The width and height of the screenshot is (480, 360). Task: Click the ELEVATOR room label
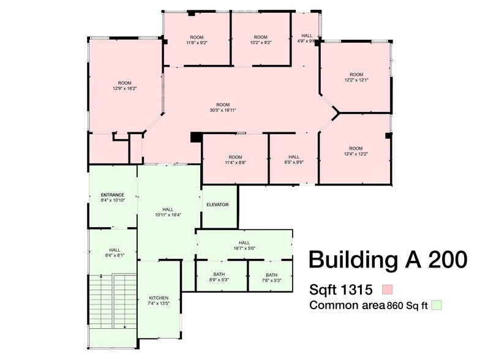pyautogui.click(x=217, y=204)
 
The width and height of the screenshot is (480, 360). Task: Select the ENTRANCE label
pyautogui.click(x=113, y=195)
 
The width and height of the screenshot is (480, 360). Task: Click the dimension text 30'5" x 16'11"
pyautogui.click(x=223, y=110)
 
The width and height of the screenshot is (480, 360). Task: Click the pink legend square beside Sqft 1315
pyautogui.click(x=386, y=289)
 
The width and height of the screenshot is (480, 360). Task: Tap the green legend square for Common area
pyautogui.click(x=436, y=304)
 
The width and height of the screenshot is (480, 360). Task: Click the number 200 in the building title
pyautogui.click(x=444, y=259)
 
